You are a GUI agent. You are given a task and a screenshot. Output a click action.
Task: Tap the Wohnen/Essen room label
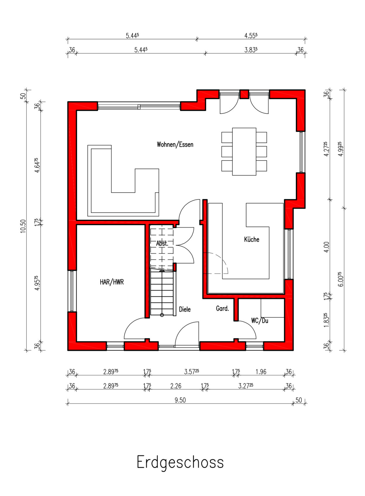click(x=175, y=145)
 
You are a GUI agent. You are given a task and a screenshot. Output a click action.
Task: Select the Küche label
click(x=251, y=239)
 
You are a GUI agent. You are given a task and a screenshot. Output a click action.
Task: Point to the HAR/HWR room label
click(x=112, y=282)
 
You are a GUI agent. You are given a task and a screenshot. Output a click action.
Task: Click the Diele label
click(x=185, y=309)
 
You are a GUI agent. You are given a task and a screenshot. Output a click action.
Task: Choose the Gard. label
click(x=222, y=308)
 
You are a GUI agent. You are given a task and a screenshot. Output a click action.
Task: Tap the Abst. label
click(x=162, y=244)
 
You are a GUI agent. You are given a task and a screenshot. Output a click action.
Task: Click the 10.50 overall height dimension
click(x=23, y=226)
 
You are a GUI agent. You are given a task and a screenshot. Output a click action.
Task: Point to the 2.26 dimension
click(x=176, y=386)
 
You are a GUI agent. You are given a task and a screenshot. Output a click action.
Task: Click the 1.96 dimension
click(x=261, y=372)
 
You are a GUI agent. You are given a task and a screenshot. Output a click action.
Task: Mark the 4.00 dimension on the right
click(x=327, y=247)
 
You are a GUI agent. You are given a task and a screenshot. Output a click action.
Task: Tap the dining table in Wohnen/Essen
click(x=244, y=152)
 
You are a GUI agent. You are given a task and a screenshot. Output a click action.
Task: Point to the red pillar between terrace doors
click(x=244, y=94)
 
